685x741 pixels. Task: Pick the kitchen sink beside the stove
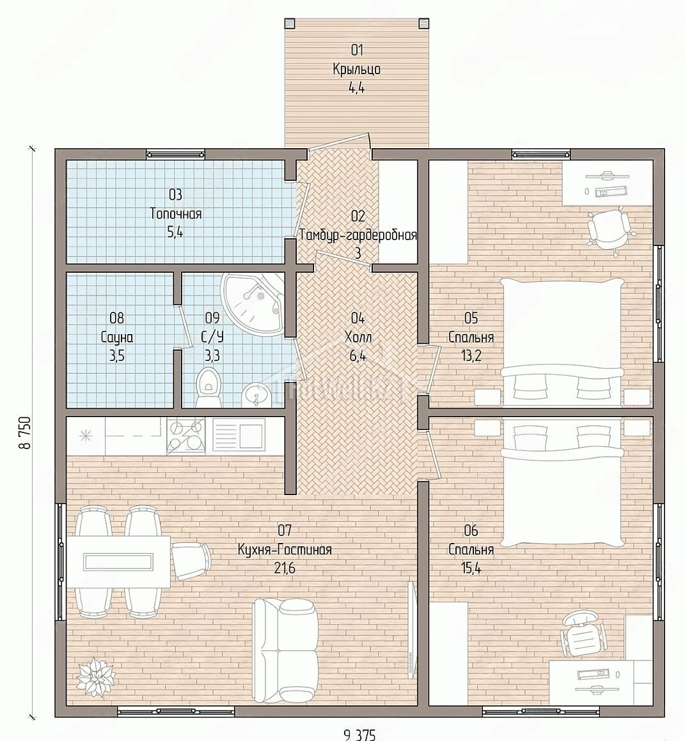(239, 436)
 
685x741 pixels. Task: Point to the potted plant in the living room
(96, 675)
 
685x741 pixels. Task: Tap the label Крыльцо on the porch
(357, 70)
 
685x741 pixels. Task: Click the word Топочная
(176, 213)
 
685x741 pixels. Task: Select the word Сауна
(117, 337)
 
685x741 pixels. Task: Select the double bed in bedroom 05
(562, 342)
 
